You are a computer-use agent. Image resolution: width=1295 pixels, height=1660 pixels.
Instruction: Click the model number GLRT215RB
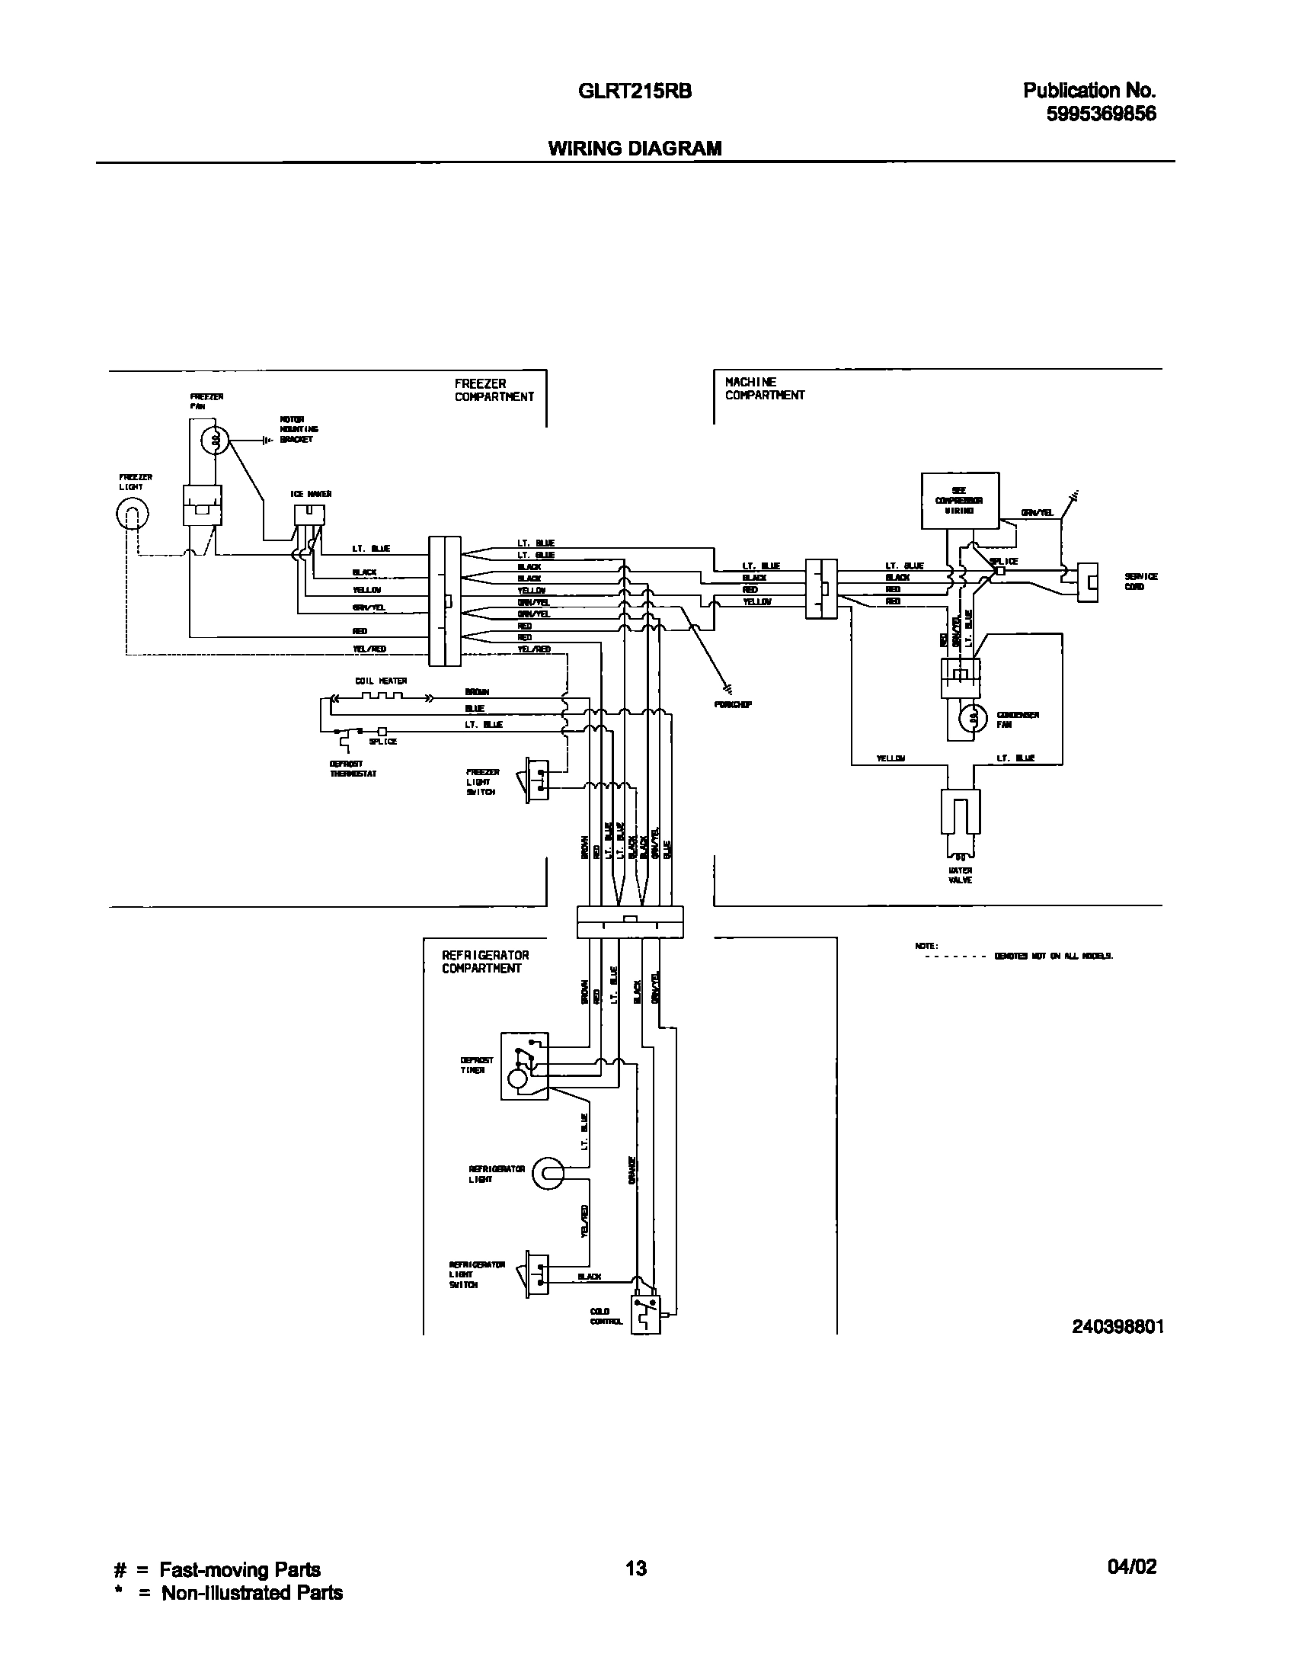tap(635, 91)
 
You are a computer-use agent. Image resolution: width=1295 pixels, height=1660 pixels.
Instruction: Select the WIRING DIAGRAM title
tap(635, 149)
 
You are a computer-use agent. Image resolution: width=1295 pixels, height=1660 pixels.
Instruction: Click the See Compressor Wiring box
tap(960, 501)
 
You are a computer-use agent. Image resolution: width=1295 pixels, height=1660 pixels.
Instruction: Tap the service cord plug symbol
tap(1087, 583)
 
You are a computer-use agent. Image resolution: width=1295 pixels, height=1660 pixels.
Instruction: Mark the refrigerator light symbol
tap(548, 1174)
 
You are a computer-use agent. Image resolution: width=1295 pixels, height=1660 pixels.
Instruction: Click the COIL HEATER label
tap(381, 681)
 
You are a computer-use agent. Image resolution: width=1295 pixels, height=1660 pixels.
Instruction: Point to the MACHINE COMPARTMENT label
tap(764, 389)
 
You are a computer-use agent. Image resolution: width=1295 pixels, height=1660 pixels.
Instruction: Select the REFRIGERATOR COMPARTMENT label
tap(485, 962)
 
